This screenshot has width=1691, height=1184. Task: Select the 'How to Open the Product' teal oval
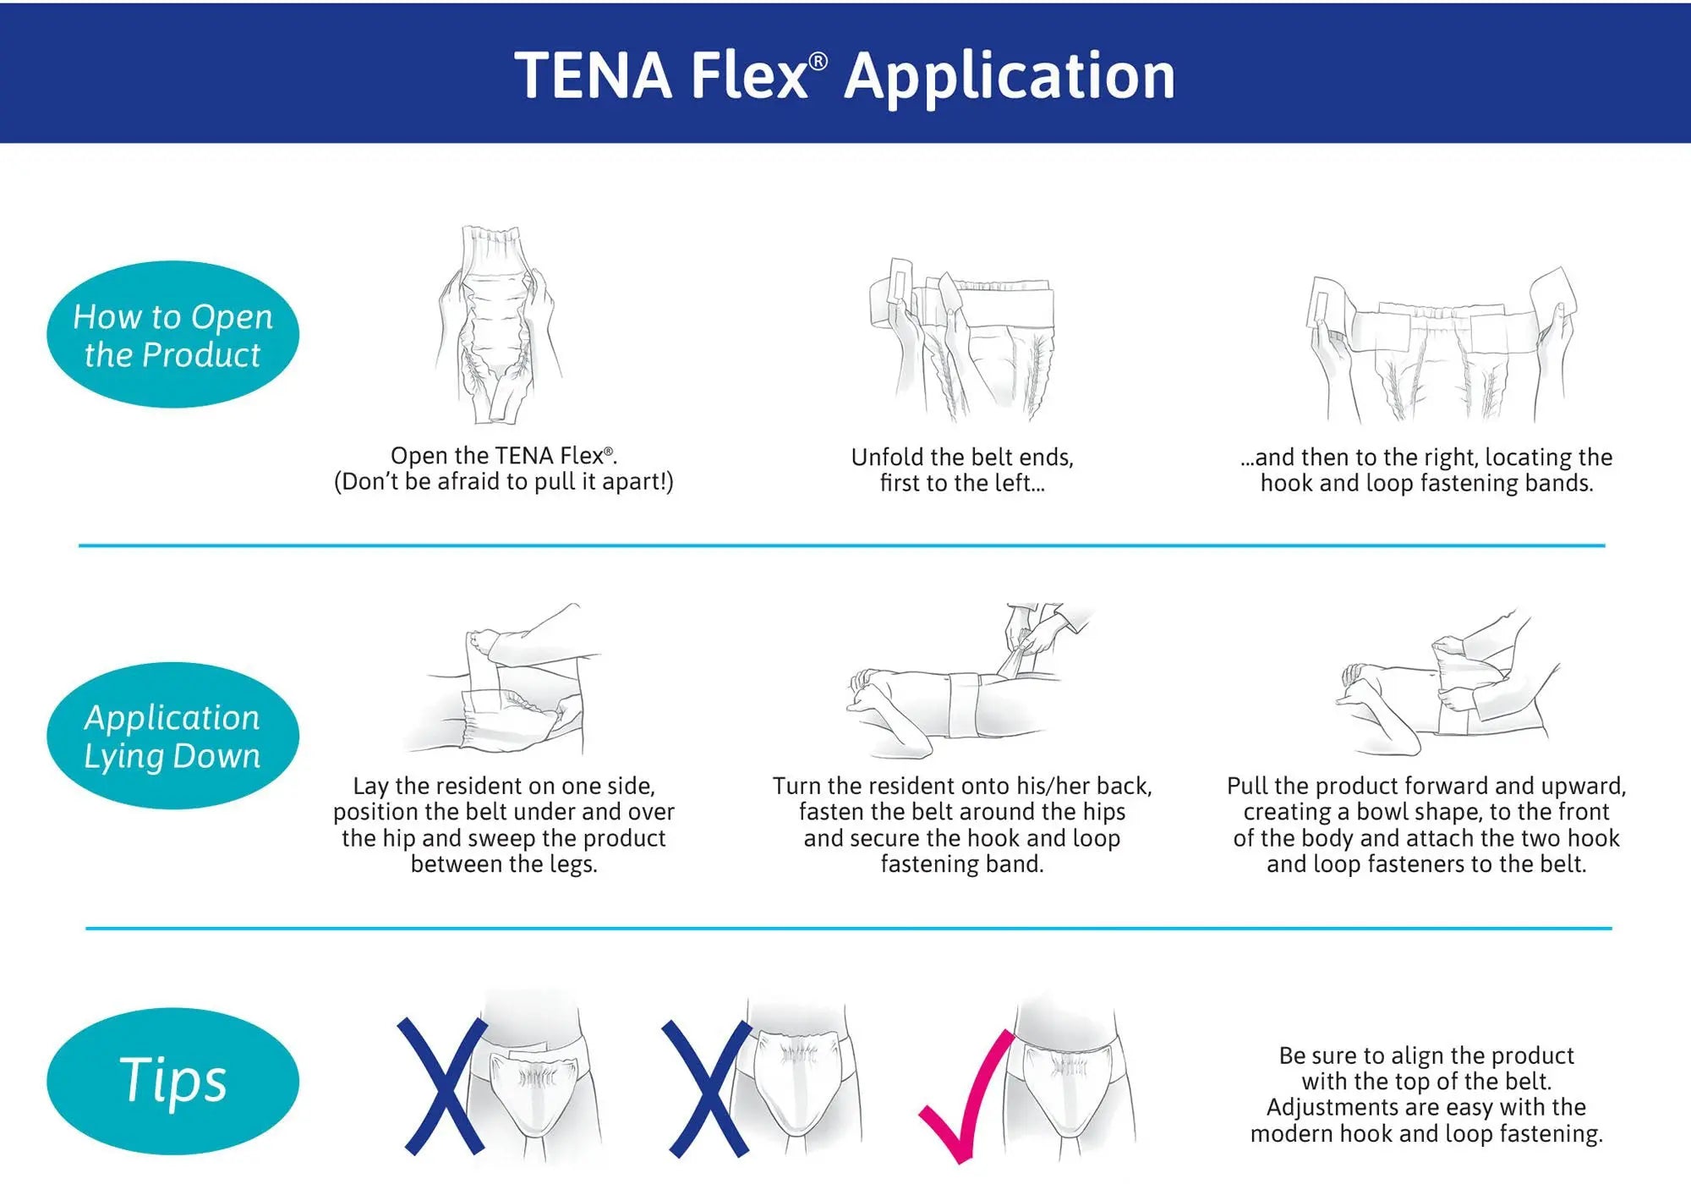click(172, 335)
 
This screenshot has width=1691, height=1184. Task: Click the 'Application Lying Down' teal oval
click(172, 736)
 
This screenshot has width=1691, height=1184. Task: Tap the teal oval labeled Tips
click(172, 1080)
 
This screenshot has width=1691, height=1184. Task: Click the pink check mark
click(964, 1099)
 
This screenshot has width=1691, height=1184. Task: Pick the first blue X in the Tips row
click(442, 1086)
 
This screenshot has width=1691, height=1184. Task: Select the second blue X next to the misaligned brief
click(706, 1088)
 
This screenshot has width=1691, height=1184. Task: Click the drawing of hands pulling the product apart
click(499, 326)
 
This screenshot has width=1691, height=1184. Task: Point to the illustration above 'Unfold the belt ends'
click(962, 338)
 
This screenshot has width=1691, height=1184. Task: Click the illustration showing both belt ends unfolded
click(1437, 347)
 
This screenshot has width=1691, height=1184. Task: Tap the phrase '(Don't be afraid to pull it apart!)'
click(504, 482)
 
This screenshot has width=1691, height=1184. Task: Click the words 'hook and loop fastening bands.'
click(1426, 484)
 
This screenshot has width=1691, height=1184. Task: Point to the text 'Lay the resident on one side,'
click(504, 786)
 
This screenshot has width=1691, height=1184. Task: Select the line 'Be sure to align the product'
click(1426, 1055)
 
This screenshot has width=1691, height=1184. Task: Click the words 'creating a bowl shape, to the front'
click(1426, 812)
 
